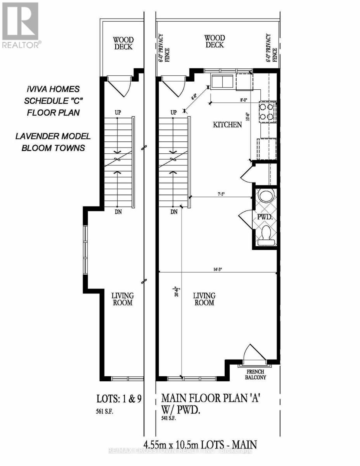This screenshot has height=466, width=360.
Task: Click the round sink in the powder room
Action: (266, 196)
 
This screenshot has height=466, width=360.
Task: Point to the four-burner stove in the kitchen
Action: (267, 111)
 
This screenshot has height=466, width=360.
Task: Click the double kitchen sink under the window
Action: (222, 82)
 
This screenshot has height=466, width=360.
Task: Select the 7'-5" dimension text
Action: (221, 193)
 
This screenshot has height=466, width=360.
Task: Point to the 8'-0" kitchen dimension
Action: (244, 100)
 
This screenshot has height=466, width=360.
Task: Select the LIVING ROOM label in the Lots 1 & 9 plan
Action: (123, 299)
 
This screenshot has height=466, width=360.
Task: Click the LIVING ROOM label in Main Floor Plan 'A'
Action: (204, 299)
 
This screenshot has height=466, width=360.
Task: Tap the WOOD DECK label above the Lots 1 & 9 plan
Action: (123, 43)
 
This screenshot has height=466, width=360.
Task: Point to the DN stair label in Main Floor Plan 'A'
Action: (174, 212)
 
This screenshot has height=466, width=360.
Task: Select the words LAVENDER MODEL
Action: (53, 136)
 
